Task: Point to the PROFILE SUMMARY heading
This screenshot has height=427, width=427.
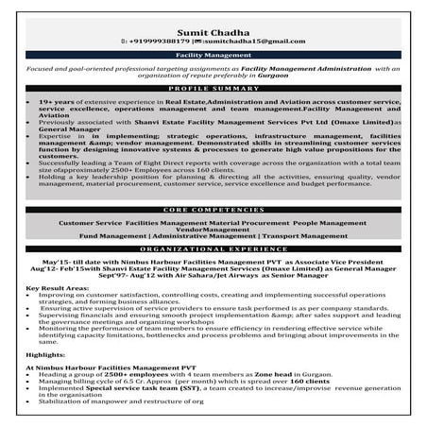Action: (x=213, y=89)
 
